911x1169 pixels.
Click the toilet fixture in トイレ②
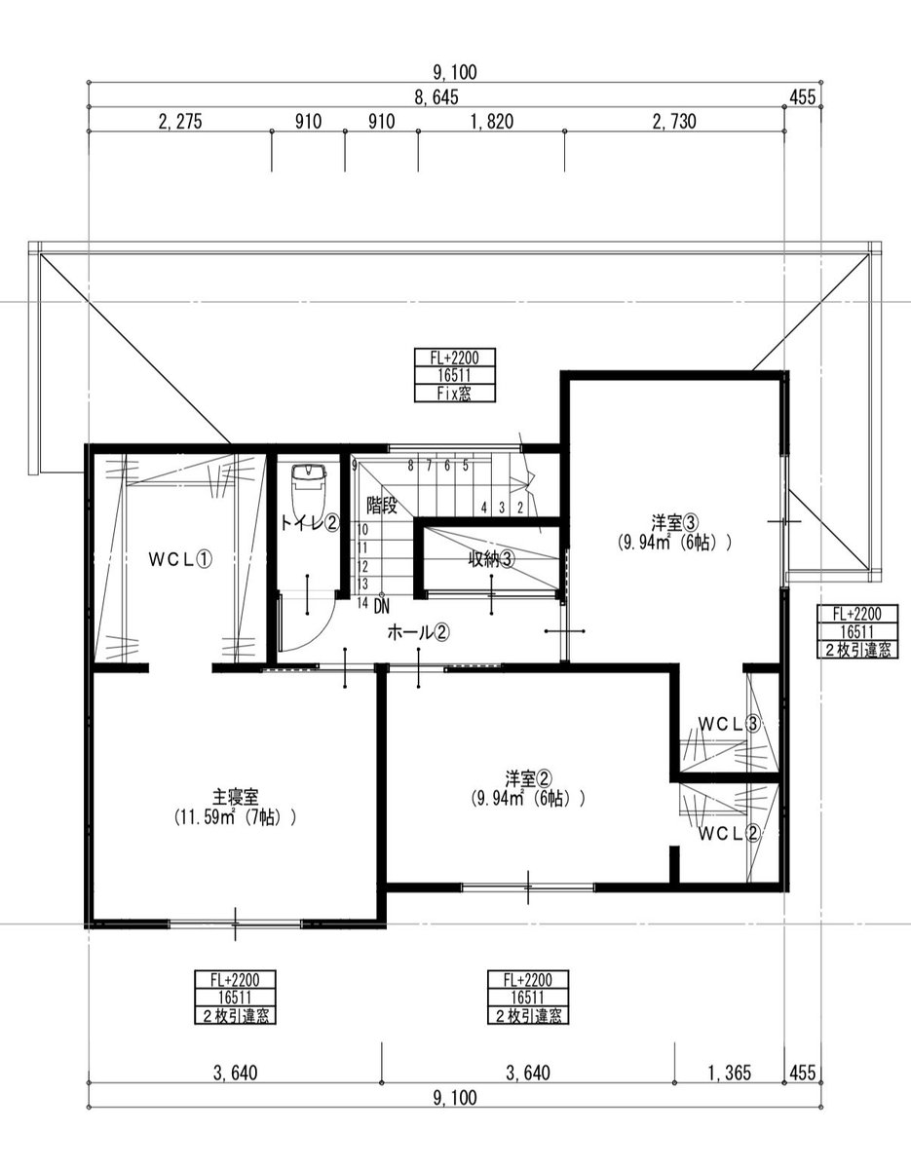(x=309, y=488)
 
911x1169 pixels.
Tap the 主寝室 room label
(x=236, y=795)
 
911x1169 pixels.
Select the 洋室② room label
(x=529, y=778)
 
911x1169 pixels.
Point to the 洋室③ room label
(x=675, y=522)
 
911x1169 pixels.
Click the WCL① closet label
(x=181, y=560)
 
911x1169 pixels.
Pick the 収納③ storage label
(x=491, y=559)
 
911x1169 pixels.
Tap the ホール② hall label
(x=419, y=633)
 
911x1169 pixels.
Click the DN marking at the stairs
(x=381, y=607)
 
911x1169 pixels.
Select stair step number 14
(x=362, y=603)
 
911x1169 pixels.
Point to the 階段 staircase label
(x=382, y=506)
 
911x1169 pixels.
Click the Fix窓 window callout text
(x=454, y=395)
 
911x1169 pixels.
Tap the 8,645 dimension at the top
(x=437, y=96)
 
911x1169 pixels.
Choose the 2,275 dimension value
(x=180, y=122)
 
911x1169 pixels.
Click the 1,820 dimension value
(x=492, y=122)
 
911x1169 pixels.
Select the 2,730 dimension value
(x=674, y=122)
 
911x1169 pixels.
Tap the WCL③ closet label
(x=729, y=725)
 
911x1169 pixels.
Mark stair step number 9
(x=355, y=466)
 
